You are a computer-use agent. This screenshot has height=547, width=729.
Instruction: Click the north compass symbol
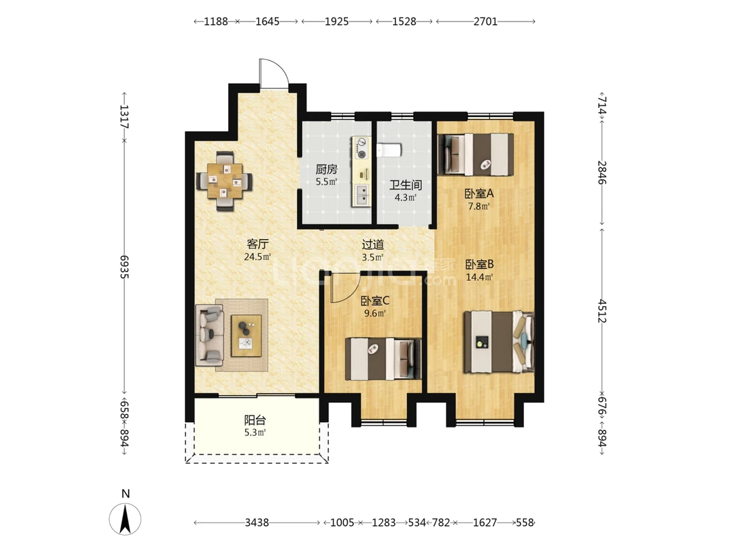[x=125, y=518]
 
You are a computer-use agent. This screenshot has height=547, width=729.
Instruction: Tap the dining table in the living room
[x=225, y=181]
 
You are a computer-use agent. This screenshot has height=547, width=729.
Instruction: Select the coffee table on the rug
[x=246, y=336]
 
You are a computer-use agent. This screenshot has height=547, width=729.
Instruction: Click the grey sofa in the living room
[x=210, y=336]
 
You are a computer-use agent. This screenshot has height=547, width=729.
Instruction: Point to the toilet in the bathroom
[x=389, y=150]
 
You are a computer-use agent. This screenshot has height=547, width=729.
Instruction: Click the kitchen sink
[x=361, y=195]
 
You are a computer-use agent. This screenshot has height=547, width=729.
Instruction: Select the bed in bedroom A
[x=476, y=155]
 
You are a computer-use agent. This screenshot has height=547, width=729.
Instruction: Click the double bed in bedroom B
[x=500, y=342]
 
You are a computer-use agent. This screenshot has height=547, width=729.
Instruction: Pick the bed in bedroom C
[x=383, y=359]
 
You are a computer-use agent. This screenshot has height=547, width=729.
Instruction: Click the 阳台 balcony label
[x=254, y=421]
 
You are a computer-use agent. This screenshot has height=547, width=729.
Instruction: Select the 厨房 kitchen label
[x=327, y=170]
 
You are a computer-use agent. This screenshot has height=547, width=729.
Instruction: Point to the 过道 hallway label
[x=373, y=244]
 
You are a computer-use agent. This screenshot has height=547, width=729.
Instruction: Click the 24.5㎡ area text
[x=258, y=257]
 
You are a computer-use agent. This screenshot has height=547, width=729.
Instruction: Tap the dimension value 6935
[x=124, y=267]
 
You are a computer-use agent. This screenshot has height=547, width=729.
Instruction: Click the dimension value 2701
[x=485, y=22]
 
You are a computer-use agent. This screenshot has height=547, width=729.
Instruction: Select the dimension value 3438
[x=256, y=523]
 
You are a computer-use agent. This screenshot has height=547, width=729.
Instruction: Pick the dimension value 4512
[x=602, y=311]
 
